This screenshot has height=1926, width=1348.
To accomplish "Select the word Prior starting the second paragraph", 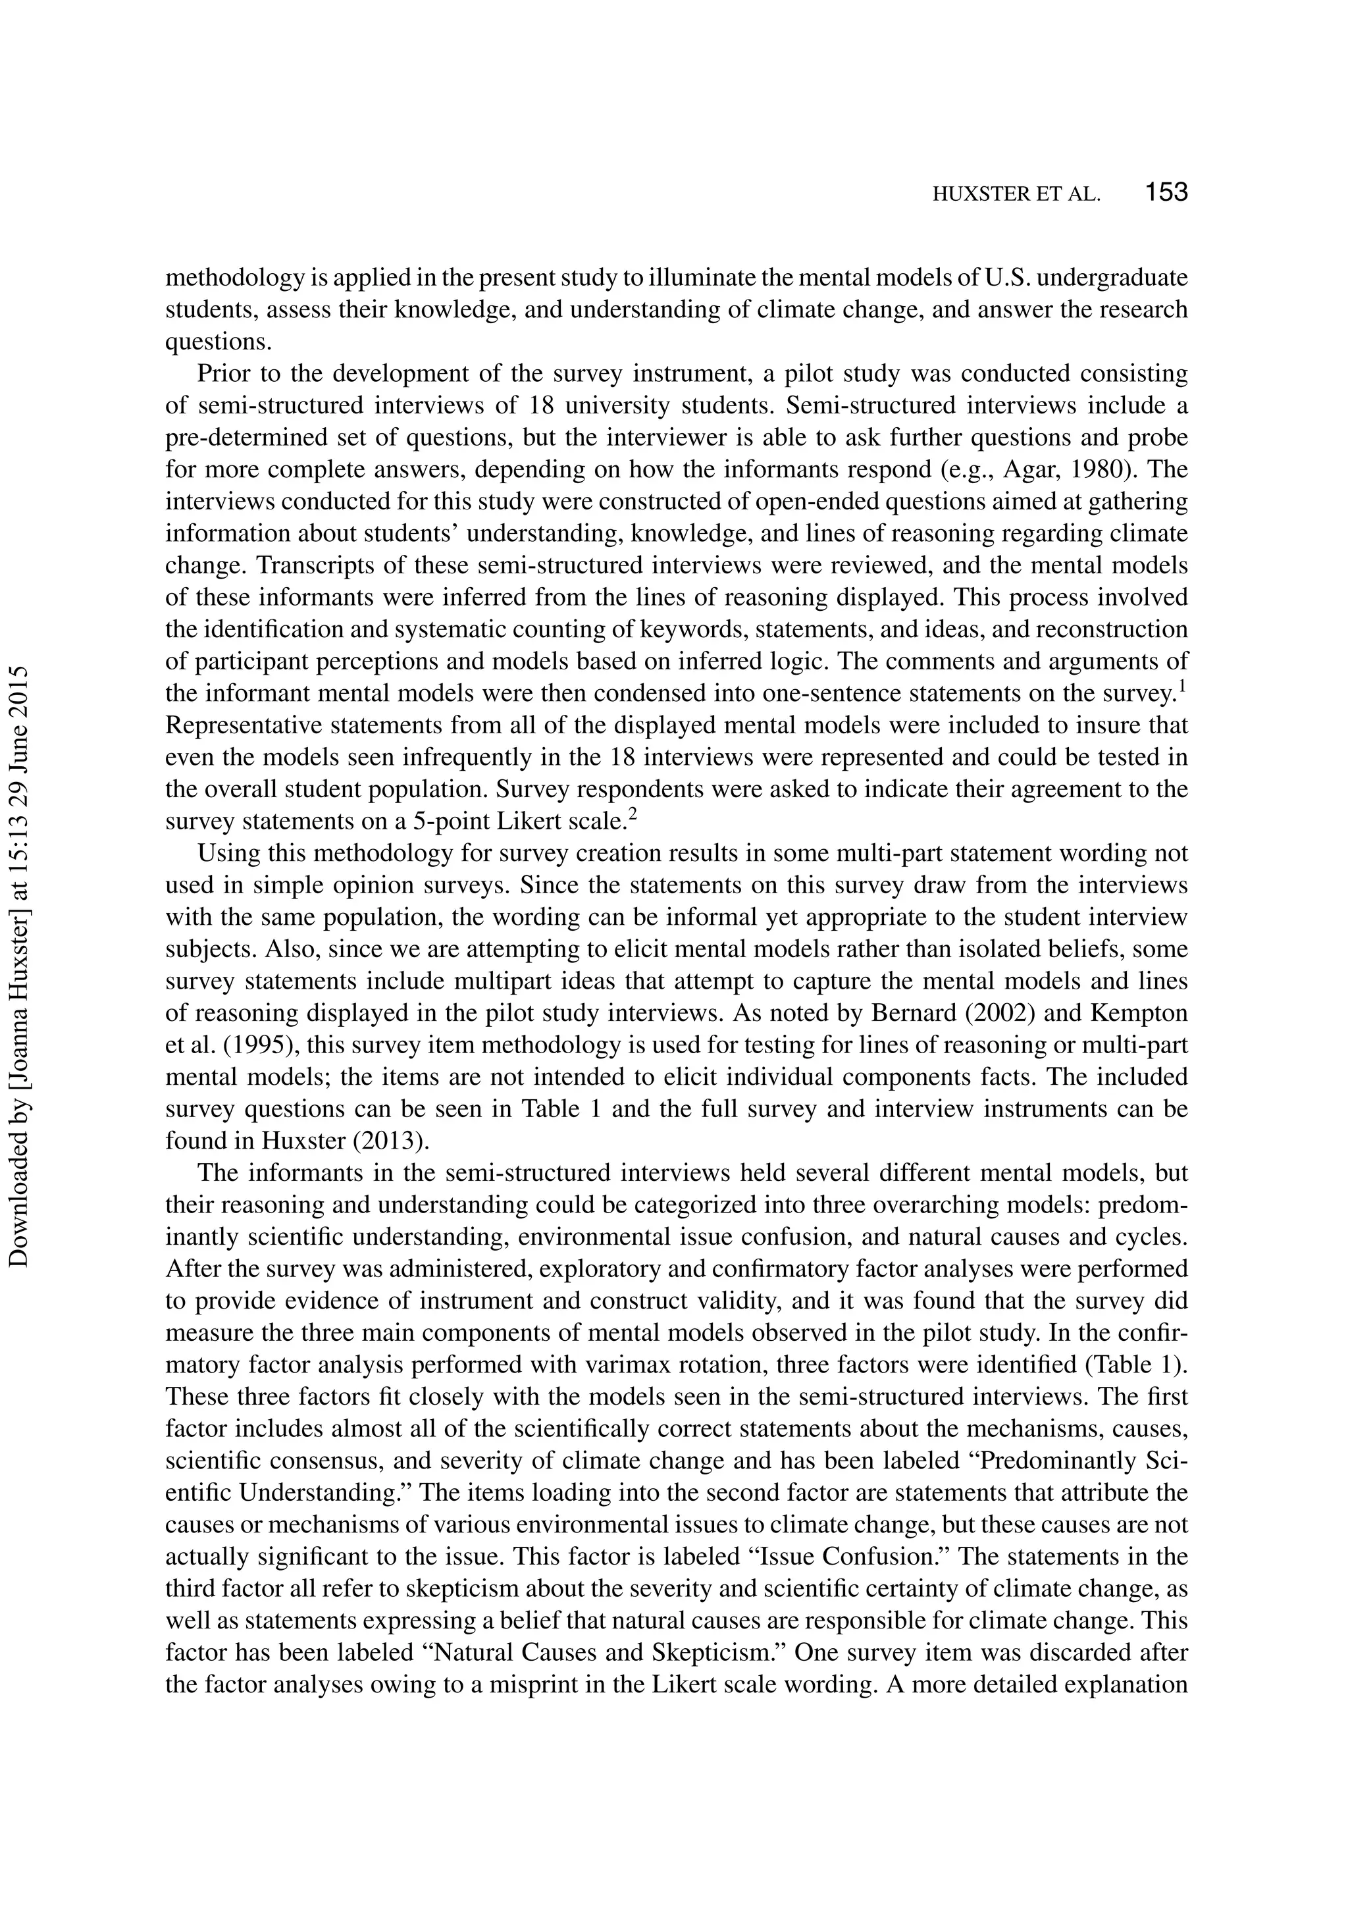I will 223,373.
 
